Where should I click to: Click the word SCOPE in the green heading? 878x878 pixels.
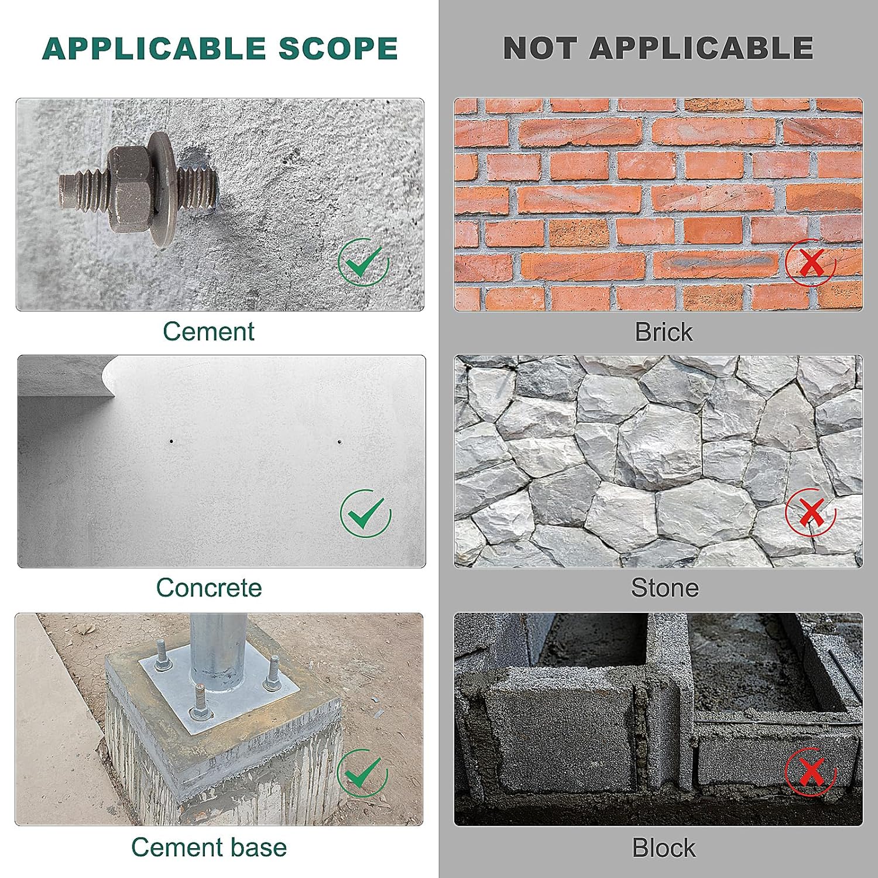pyautogui.click(x=338, y=49)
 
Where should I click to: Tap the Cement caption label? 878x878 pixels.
pyautogui.click(x=208, y=331)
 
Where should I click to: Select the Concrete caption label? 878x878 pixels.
pyautogui.click(x=209, y=588)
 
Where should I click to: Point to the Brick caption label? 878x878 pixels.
pyautogui.click(x=664, y=332)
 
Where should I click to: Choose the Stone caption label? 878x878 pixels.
pyautogui.click(x=665, y=588)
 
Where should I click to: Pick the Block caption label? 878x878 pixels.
pyautogui.click(x=664, y=848)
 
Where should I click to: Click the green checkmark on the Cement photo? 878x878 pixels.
pyautogui.click(x=363, y=262)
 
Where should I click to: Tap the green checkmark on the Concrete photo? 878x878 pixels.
pyautogui.click(x=366, y=513)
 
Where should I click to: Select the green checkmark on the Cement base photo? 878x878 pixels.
pyautogui.click(x=363, y=773)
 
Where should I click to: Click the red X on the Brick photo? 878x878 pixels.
pyautogui.click(x=811, y=262)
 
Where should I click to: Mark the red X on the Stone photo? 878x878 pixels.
pyautogui.click(x=811, y=513)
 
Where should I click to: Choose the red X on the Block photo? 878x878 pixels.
pyautogui.click(x=811, y=772)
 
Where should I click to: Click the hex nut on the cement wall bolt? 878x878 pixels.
pyautogui.click(x=130, y=188)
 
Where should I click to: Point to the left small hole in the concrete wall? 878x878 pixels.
pyautogui.click(x=171, y=441)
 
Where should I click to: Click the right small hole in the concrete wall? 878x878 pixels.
pyautogui.click(x=339, y=441)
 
